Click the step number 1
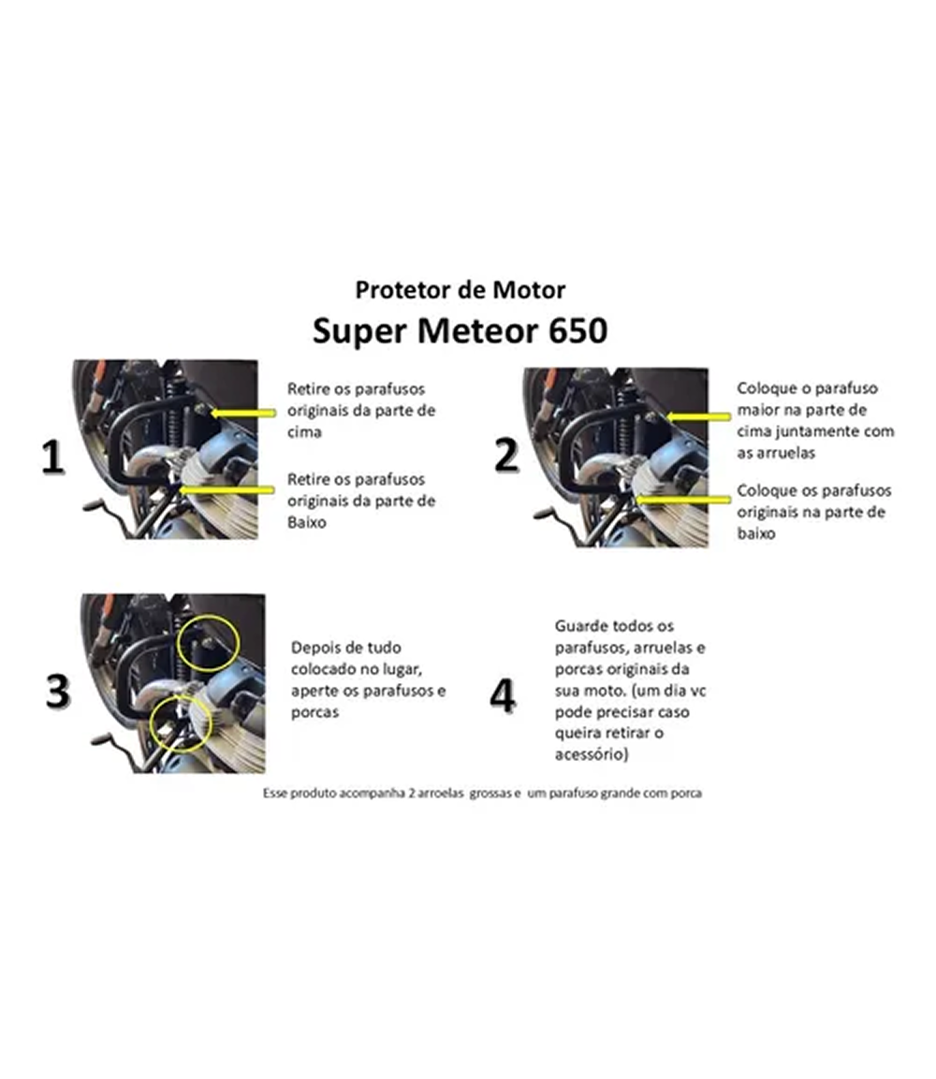pos(53,458)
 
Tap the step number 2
pos(506,456)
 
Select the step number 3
pos(58,692)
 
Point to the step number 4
pos(503,695)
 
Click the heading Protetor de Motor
pos(460,290)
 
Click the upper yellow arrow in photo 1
pos(243,413)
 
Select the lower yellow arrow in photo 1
pos(227,489)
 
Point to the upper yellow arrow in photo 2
pos(698,416)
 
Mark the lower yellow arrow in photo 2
pos(681,499)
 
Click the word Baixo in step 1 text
pos(307,522)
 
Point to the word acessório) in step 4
pos(592,755)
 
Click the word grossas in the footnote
pos(490,794)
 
